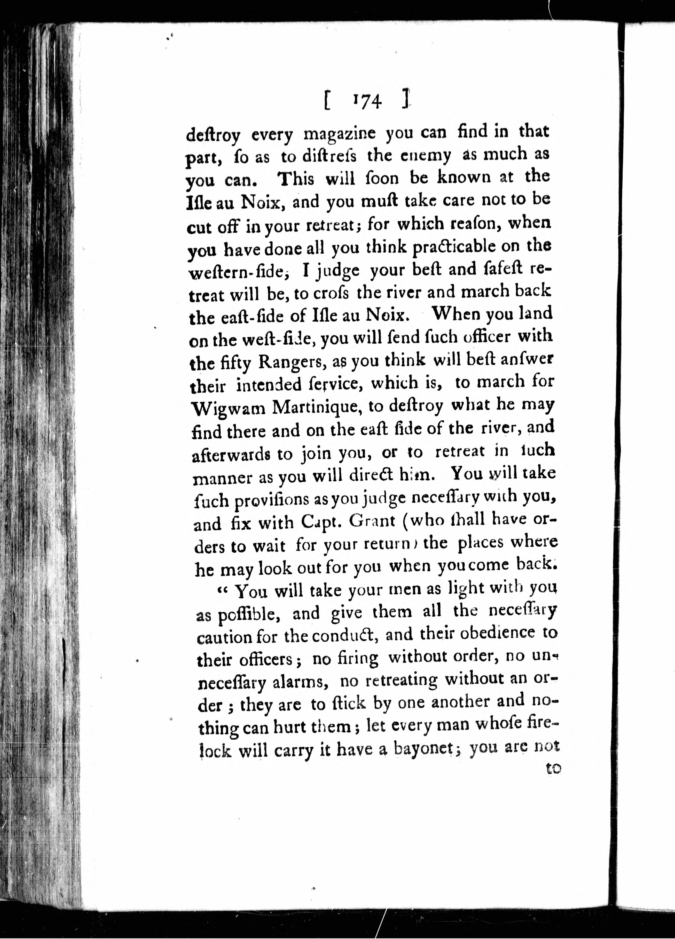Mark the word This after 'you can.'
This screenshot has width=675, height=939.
[x=296, y=179]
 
